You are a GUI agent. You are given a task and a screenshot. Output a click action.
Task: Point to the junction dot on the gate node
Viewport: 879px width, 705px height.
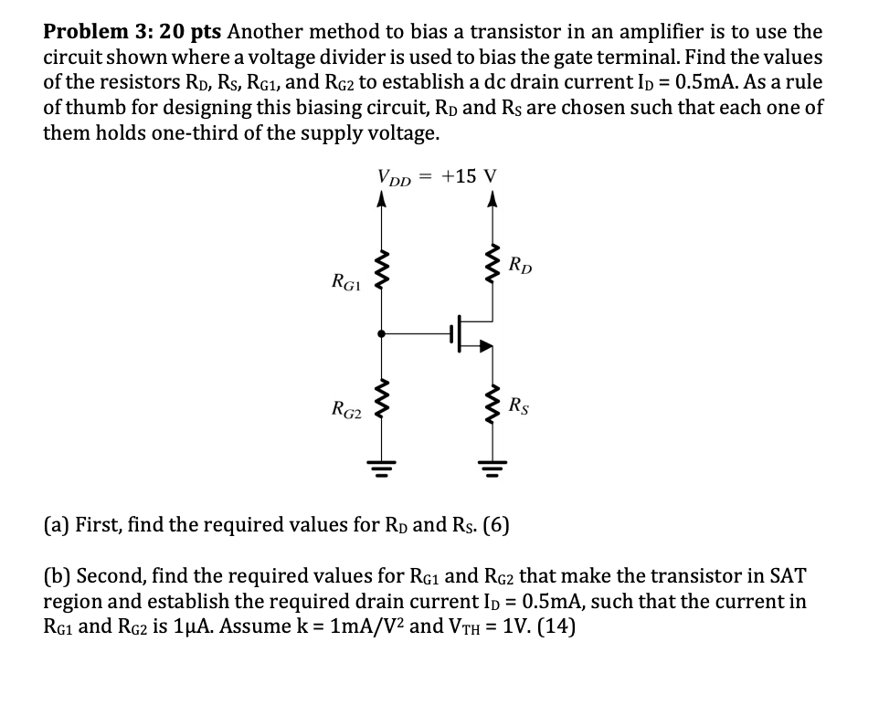[382, 333]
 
